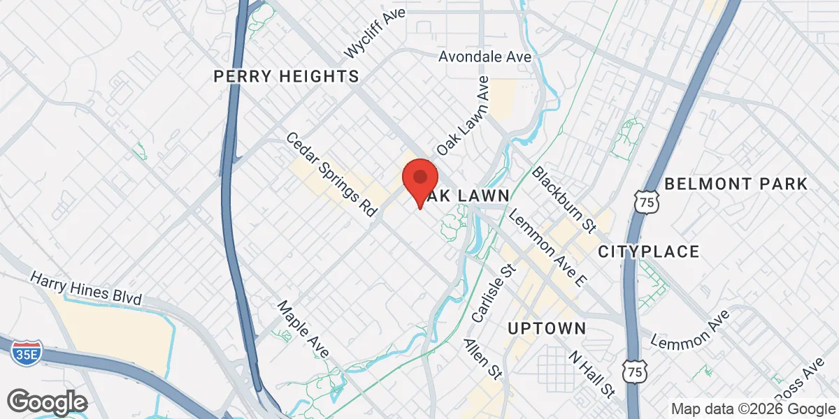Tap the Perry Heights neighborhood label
[x=286, y=76]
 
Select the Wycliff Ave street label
[x=375, y=34]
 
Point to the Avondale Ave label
[x=485, y=57]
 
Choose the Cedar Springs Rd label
[x=331, y=174]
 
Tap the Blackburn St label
[x=563, y=198]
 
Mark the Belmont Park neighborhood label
[x=736, y=184]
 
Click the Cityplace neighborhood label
[x=649, y=251]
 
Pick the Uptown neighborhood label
[x=547, y=328]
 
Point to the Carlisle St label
[x=493, y=293]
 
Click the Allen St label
[x=483, y=360]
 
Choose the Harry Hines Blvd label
[x=86, y=288]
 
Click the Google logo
[x=48, y=402]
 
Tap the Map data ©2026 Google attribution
[x=752, y=409]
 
